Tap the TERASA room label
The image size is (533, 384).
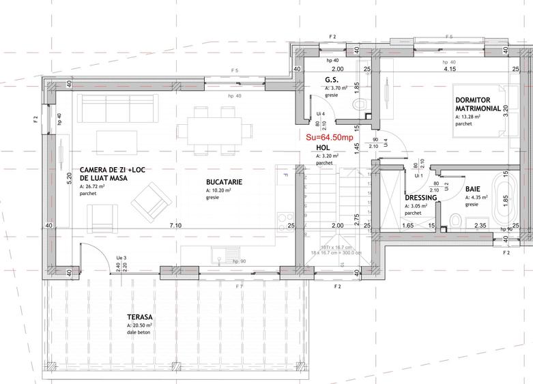tap(139, 318)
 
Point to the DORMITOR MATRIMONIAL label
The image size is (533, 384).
tap(481, 104)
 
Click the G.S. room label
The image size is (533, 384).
tap(332, 80)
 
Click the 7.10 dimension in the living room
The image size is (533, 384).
tap(175, 225)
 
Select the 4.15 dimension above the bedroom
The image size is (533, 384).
tap(449, 69)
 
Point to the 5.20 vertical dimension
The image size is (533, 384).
tap(69, 179)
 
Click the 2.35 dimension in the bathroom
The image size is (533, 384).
tap(480, 225)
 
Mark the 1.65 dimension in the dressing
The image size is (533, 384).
tap(407, 225)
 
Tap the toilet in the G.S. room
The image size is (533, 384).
tap(360, 104)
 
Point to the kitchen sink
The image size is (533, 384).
tap(220, 258)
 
